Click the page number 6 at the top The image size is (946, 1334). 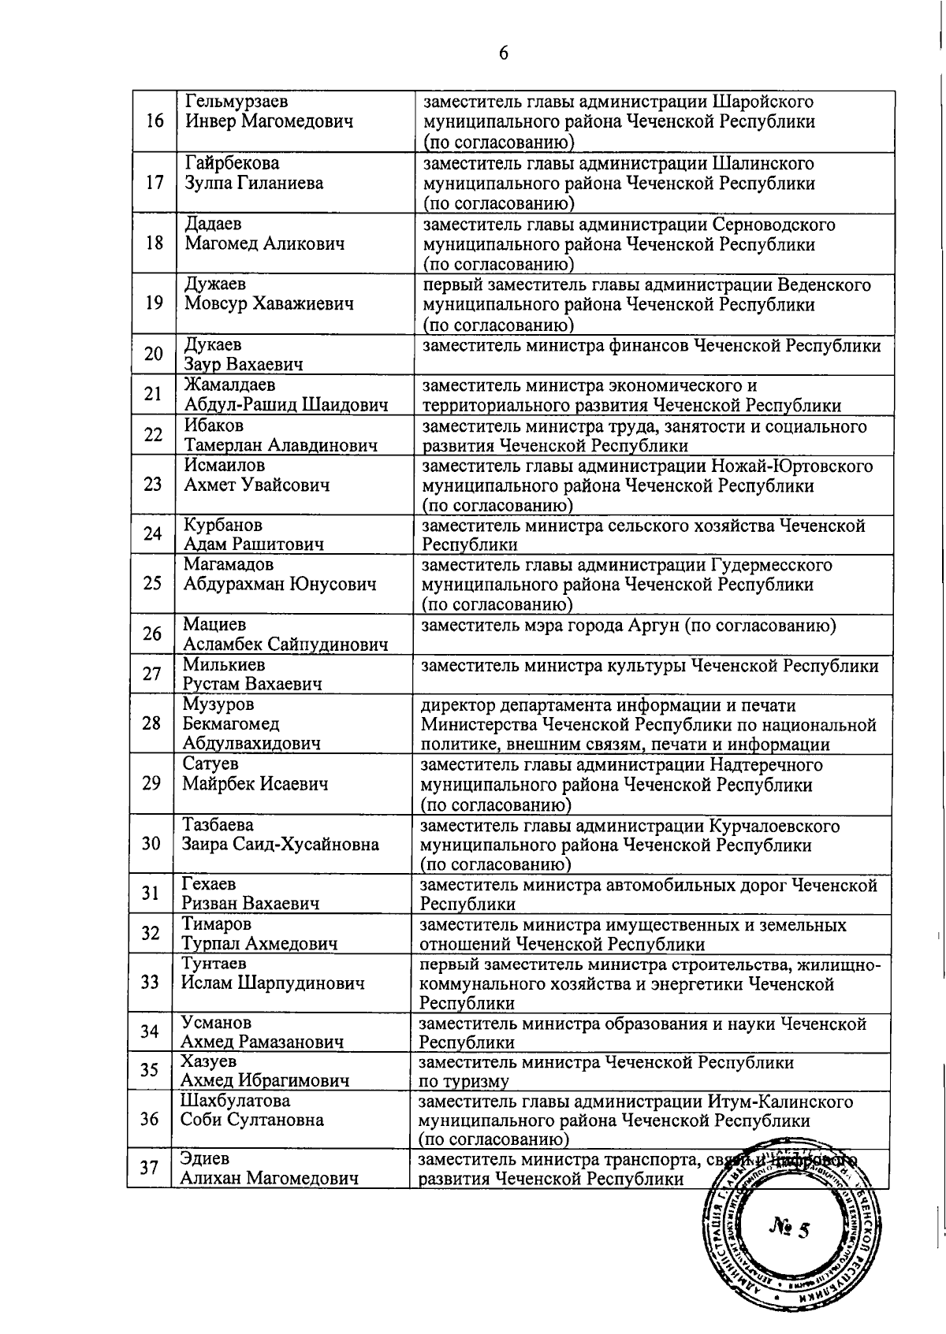[x=503, y=54]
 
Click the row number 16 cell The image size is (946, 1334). [x=155, y=121]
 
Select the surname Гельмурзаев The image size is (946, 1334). [x=236, y=102]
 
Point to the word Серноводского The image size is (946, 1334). [x=773, y=225]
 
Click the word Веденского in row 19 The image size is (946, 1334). [x=824, y=284]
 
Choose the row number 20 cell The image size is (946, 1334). [x=153, y=354]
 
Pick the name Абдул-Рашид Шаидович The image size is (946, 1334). [x=286, y=405]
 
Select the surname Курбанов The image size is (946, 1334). [x=223, y=525]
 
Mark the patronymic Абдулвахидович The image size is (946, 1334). [x=251, y=743]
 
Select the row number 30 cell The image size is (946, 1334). [x=151, y=844]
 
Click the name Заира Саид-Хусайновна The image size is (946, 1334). [x=281, y=844]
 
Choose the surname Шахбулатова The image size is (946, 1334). [x=235, y=1100]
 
